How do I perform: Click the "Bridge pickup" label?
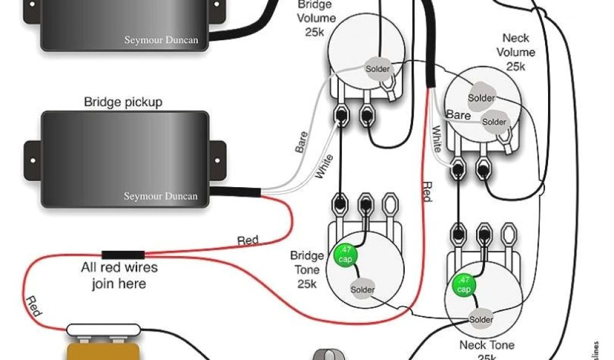click(123, 102)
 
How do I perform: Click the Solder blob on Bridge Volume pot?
click(378, 69)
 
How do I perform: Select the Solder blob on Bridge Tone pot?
click(363, 290)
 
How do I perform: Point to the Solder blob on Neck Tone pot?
click(481, 319)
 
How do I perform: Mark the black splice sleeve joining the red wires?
click(123, 254)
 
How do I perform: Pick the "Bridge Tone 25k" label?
click(306, 269)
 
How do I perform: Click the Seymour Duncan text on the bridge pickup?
click(161, 196)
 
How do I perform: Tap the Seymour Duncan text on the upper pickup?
click(161, 41)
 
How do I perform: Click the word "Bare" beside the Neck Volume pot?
click(458, 114)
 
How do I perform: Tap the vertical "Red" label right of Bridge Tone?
click(426, 191)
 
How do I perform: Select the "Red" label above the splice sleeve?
click(248, 241)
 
